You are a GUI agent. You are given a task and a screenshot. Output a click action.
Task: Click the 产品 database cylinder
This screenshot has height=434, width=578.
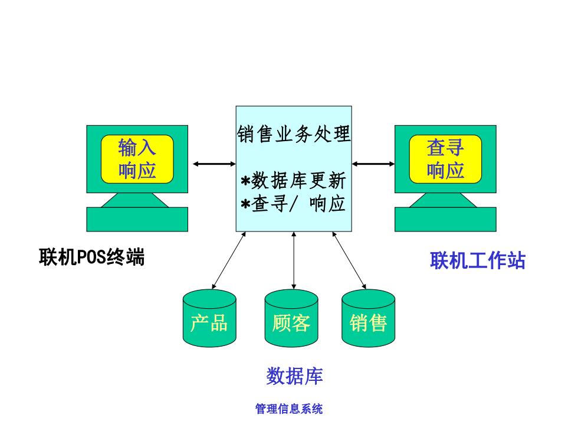pyautogui.click(x=209, y=318)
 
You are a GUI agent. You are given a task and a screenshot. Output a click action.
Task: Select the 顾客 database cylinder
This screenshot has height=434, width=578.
pyautogui.click(x=291, y=318)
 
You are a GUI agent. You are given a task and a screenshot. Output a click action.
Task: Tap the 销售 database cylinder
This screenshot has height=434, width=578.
pyautogui.click(x=368, y=318)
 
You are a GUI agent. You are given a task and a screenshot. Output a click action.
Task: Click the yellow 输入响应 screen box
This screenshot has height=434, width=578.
pyautogui.click(x=137, y=159)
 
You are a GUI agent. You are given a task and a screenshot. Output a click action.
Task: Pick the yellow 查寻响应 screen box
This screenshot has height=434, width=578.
pyautogui.click(x=445, y=159)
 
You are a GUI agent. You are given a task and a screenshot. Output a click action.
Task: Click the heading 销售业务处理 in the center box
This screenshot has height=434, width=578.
pyautogui.click(x=294, y=133)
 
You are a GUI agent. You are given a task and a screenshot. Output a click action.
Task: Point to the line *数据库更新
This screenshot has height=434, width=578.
pyautogui.click(x=294, y=181)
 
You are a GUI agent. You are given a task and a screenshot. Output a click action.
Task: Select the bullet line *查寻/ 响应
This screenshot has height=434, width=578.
pyautogui.click(x=294, y=204)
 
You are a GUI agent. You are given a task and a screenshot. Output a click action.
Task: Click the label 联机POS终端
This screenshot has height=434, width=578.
pyautogui.click(x=92, y=257)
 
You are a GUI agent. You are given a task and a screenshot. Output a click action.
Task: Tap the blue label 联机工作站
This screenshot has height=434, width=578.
pyautogui.click(x=478, y=260)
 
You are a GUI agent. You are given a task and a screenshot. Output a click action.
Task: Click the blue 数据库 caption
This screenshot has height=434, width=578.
pyautogui.click(x=294, y=377)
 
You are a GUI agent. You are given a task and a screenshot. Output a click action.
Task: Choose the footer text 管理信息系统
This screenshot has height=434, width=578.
pyautogui.click(x=289, y=409)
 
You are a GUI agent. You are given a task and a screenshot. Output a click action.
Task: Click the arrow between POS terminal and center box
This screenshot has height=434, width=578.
pyautogui.click(x=214, y=164)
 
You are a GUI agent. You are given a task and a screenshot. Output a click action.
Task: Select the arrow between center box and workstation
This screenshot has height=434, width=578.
pyautogui.click(x=373, y=164)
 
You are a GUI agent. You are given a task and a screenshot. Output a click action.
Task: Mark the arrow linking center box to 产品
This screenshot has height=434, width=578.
pyautogui.click(x=229, y=260)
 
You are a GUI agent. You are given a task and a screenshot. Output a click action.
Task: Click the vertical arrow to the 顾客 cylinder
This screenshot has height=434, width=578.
pyautogui.click(x=294, y=260)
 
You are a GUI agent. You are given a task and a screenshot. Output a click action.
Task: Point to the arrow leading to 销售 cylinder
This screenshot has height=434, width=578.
pyautogui.click(x=349, y=260)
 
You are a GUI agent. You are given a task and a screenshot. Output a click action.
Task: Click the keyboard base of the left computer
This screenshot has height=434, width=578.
pyautogui.click(x=137, y=219)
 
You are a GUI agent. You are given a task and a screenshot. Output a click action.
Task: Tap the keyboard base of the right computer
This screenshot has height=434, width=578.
pyautogui.click(x=445, y=219)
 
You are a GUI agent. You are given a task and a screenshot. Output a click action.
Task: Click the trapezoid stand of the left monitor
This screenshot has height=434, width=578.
pyautogui.click(x=135, y=200)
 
